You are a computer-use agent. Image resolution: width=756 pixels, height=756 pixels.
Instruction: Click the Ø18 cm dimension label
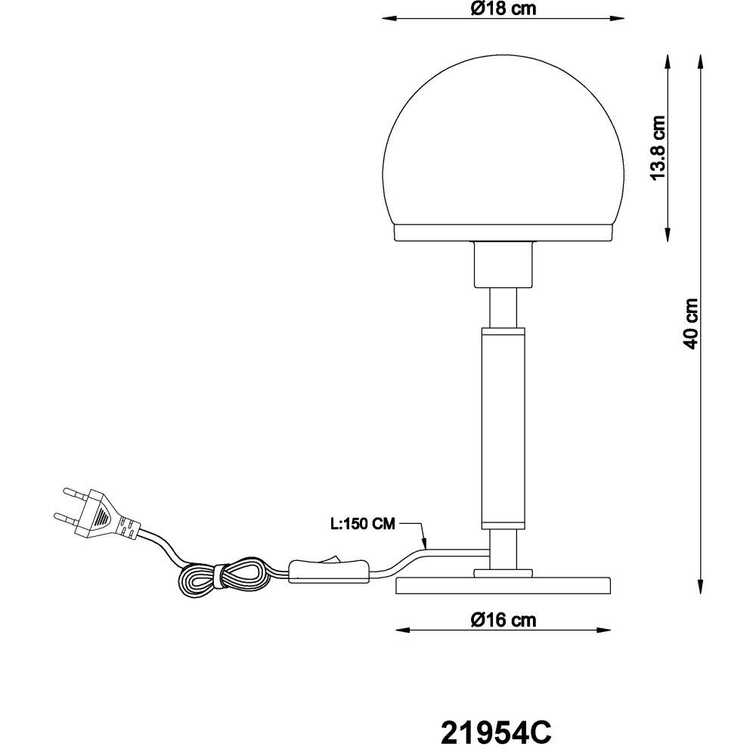click(x=503, y=8)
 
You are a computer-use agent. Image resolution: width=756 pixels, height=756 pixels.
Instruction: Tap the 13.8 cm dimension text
click(x=658, y=148)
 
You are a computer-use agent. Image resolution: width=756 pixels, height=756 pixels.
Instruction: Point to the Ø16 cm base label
click(x=503, y=620)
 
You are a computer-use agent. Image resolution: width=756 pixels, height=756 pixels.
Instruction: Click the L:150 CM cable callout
click(x=363, y=524)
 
